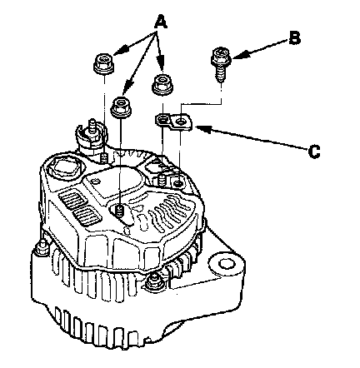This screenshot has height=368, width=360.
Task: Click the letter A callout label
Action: pos(161,22)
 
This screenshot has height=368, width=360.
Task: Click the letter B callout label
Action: pos(294,38)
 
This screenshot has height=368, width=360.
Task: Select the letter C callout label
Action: pos(314,152)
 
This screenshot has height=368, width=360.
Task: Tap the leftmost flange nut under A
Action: pos(104,64)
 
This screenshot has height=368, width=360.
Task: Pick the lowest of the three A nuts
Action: pos(121,106)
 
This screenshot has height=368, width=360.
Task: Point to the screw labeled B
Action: pos(221,64)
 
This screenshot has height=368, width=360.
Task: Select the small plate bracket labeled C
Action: pos(173,122)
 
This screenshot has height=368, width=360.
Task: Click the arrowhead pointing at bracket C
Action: pos(203,129)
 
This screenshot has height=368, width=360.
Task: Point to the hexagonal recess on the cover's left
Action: pos(65,168)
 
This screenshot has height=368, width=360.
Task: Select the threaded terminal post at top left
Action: pos(92,128)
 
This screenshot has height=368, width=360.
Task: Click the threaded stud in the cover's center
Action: pos(120,211)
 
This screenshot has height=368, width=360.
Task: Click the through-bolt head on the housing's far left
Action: pos(42,246)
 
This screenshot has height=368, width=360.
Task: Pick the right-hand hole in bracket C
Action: pos(181,122)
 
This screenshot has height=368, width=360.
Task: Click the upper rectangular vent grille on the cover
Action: pos(69,200)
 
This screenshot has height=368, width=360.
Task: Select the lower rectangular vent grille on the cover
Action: pos(87,216)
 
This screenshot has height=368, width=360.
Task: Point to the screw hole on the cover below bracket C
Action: pos(178,183)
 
